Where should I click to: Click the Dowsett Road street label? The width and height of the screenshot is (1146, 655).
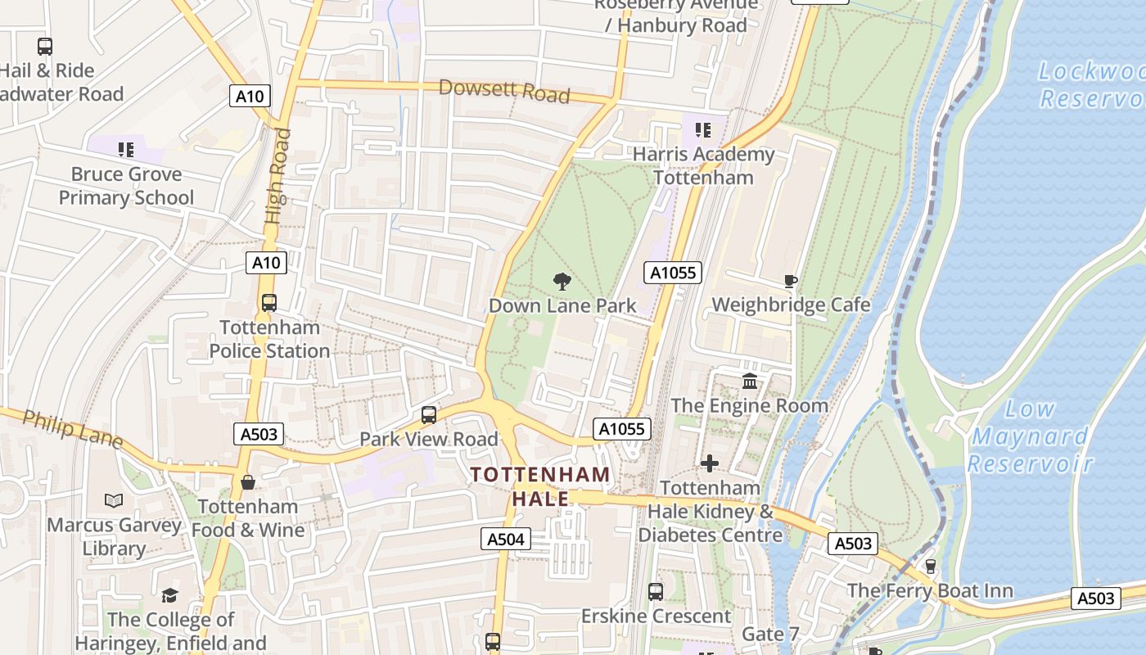click(x=504, y=90)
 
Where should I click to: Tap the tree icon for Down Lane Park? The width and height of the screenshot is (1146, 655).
click(x=562, y=282)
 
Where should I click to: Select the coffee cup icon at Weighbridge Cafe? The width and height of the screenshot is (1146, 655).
click(x=790, y=282)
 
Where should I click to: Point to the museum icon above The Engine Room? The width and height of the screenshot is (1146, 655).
click(x=749, y=382)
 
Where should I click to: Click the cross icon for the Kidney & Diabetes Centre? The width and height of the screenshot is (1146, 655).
click(x=709, y=464)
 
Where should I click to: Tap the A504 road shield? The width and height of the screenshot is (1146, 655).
click(x=505, y=539)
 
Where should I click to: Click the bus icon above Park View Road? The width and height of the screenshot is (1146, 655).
click(x=429, y=415)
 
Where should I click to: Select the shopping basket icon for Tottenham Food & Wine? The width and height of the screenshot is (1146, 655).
click(x=248, y=483)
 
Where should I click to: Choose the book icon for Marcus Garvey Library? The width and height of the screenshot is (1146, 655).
click(x=114, y=500)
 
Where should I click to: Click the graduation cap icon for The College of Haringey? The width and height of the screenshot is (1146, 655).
click(x=169, y=595)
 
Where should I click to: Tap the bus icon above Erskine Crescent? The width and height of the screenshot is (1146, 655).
click(x=655, y=591)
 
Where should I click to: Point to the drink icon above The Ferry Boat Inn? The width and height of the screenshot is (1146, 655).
click(x=930, y=567)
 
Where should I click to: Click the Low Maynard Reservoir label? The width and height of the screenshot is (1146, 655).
click(x=1030, y=436)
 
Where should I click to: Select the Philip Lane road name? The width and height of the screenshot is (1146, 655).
click(x=72, y=430)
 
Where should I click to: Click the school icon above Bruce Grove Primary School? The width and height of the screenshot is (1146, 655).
click(x=125, y=150)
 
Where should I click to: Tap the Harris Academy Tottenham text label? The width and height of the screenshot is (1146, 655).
click(x=704, y=165)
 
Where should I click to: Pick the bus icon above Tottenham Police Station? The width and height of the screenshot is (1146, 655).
click(x=269, y=303)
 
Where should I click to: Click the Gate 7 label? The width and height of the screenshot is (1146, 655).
click(x=770, y=635)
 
